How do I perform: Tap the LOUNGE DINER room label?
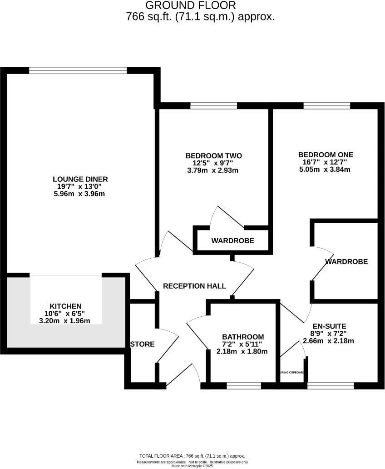80,179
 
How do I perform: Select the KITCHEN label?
66,306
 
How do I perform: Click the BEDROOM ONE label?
326,155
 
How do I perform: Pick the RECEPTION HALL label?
194,286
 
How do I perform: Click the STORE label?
143,344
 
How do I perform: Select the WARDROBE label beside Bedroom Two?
232,240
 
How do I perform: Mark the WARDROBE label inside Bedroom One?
346,262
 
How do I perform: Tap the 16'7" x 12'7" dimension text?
326,162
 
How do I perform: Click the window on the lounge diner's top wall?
78,70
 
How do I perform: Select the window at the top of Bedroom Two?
213,106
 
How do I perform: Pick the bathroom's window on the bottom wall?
244,386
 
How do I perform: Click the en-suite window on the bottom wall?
331,386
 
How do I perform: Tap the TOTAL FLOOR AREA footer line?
192,456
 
